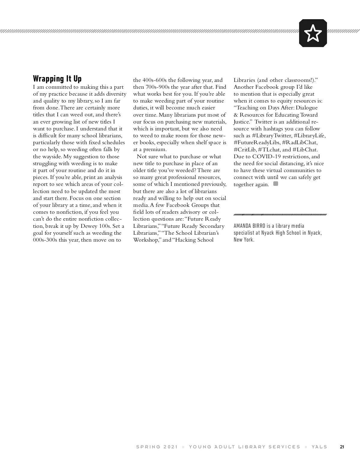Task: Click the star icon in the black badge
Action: coord(313,33)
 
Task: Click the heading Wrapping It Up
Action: coord(57,79)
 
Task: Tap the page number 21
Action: coord(342,447)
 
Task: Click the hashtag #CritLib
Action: coord(245,150)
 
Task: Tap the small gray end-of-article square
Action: coord(276,184)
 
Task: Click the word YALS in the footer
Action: coord(319,447)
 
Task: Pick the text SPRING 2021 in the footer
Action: coord(157,447)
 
